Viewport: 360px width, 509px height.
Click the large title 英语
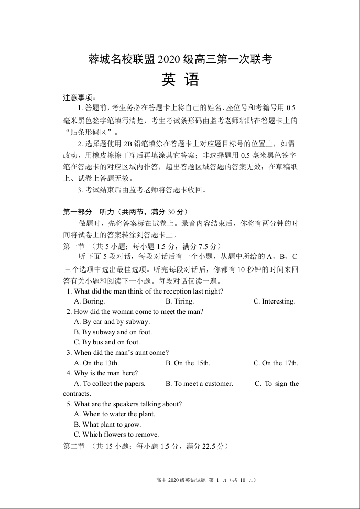click(x=180, y=80)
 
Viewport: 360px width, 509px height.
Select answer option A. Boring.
click(x=90, y=301)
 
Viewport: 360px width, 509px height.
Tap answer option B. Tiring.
click(x=180, y=301)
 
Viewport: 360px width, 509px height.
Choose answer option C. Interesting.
click(x=274, y=301)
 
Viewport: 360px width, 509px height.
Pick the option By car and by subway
click(x=112, y=322)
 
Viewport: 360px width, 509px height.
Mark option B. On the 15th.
click(x=188, y=363)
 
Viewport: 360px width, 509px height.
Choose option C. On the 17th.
click(x=276, y=363)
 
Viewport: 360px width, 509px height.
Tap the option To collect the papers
click(x=110, y=384)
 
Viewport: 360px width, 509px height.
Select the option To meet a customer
click(x=199, y=384)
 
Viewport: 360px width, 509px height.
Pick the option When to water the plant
click(x=115, y=414)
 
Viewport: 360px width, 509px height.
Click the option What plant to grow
click(x=107, y=425)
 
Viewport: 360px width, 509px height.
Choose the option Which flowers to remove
click(x=116, y=435)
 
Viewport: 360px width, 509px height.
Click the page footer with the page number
click(x=205, y=480)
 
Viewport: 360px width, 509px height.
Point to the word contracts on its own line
click(x=77, y=394)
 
